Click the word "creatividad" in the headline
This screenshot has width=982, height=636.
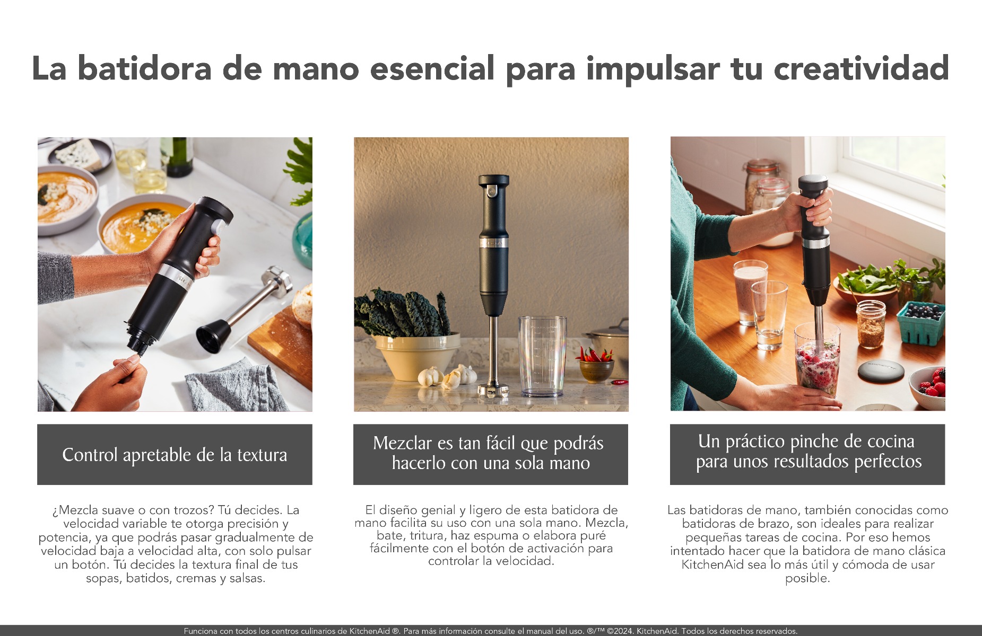(x=861, y=69)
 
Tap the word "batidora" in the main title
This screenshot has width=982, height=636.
(x=144, y=69)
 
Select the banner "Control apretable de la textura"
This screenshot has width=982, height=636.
(x=175, y=455)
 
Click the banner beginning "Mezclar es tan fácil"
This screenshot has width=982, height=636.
(x=490, y=454)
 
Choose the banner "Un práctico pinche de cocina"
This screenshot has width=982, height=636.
(x=807, y=454)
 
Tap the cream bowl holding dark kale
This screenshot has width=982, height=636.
(x=418, y=356)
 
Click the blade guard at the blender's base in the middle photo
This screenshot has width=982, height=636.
(x=493, y=390)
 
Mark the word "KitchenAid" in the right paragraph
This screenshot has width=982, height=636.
(x=713, y=564)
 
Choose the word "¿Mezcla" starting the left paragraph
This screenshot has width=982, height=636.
(x=75, y=510)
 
